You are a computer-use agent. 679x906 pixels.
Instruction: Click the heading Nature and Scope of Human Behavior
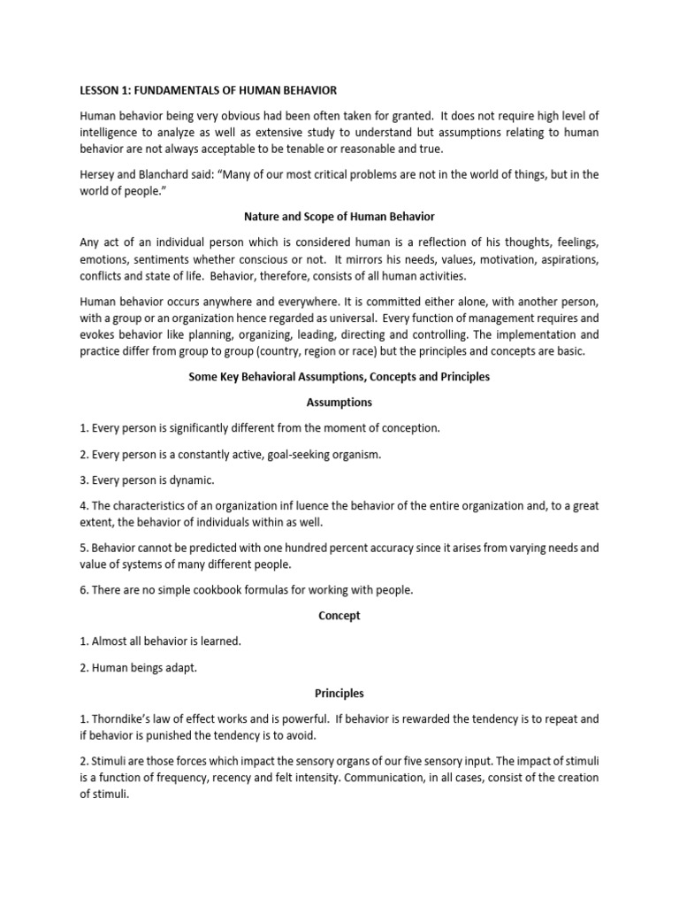point(339,217)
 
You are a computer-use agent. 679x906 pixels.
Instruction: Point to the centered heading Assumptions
point(339,402)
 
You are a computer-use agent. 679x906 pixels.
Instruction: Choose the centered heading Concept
point(339,616)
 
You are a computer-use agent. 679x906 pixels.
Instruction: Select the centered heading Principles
point(339,694)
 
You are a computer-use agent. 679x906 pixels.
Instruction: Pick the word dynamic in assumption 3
point(194,480)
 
